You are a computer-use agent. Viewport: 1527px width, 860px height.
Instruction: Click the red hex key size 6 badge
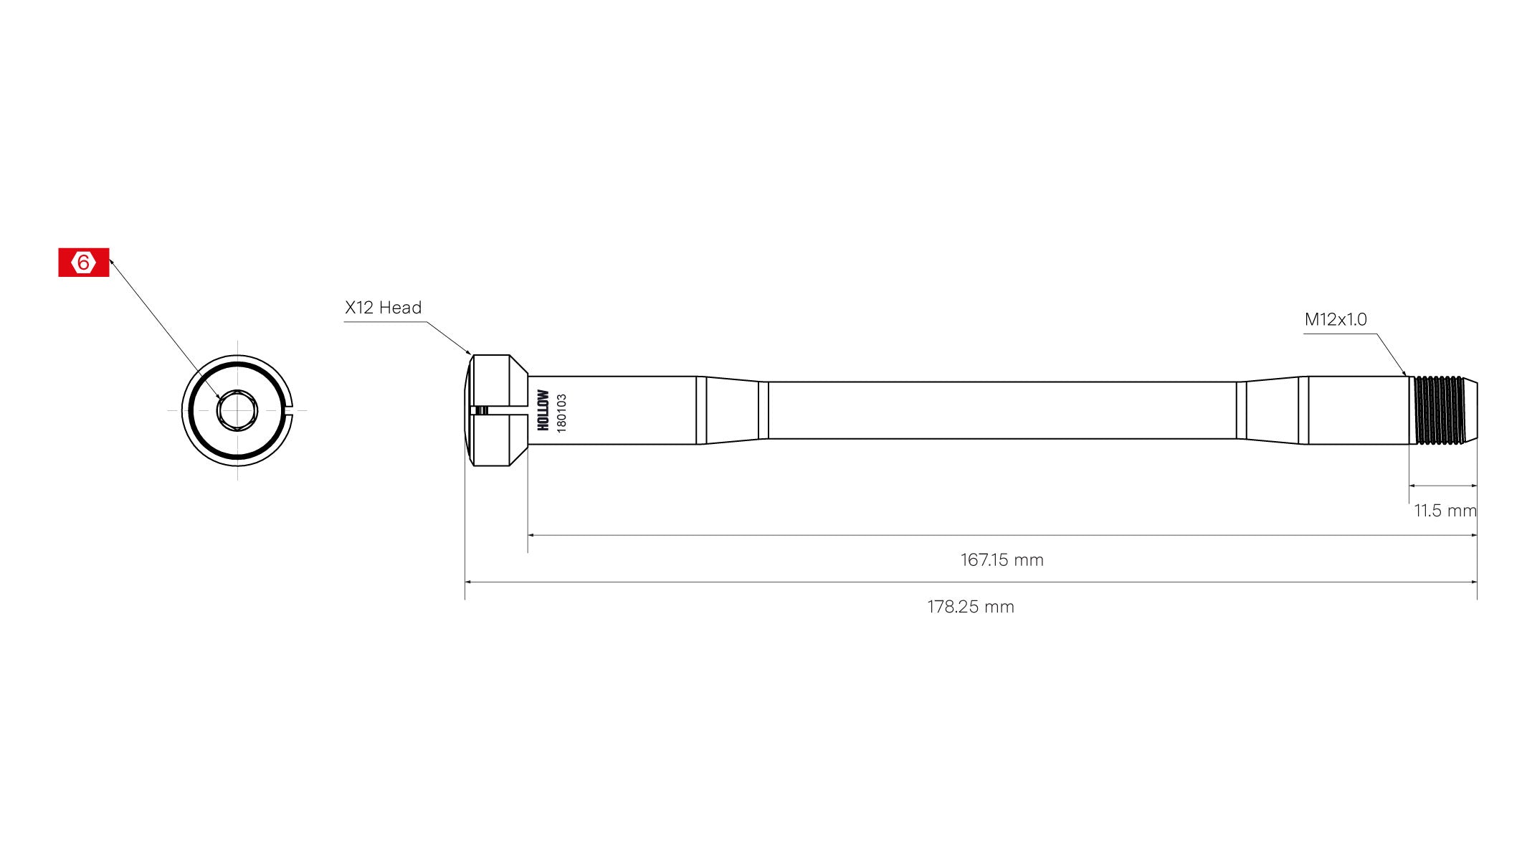pos(83,263)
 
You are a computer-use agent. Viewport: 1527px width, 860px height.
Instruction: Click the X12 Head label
pos(383,308)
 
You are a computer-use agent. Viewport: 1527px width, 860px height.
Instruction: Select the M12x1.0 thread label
pos(1335,319)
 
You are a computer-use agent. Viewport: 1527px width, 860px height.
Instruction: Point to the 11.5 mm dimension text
pos(1445,511)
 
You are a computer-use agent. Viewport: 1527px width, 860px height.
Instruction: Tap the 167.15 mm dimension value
pos(1002,560)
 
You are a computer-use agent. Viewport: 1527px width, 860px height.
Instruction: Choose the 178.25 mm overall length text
pos(970,607)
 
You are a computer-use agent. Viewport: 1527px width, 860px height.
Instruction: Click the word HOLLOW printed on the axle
pos(543,410)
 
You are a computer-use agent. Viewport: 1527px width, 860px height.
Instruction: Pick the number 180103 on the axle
pos(561,412)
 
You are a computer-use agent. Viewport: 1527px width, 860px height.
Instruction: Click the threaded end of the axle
pos(1437,410)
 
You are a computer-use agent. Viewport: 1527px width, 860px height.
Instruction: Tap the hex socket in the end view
pos(237,410)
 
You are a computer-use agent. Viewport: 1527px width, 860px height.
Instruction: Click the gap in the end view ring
pos(290,410)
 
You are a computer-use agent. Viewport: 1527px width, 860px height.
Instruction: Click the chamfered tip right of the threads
pos(1470,410)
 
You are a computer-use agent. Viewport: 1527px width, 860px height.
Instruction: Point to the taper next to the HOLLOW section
pos(731,410)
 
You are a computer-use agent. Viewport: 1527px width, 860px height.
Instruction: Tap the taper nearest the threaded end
pos(1272,410)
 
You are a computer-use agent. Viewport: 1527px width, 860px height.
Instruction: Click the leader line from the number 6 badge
pos(165,330)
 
